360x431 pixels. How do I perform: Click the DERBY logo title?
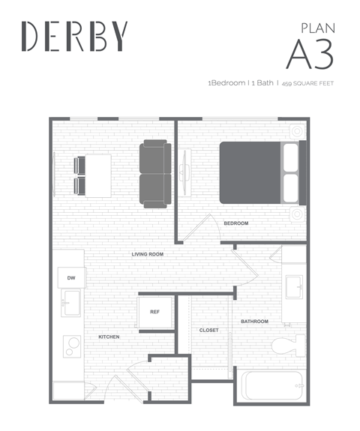[x=74, y=35]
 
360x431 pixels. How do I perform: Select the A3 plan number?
[x=309, y=53]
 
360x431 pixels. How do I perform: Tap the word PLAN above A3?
[x=317, y=28]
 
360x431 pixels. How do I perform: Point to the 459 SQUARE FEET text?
[x=307, y=83]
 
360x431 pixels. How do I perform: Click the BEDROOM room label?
[x=236, y=223]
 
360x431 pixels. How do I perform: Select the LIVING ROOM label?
[x=148, y=254]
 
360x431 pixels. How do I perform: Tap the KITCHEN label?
[x=109, y=337]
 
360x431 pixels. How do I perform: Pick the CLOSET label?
[x=208, y=330]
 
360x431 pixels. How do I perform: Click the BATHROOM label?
[x=254, y=322]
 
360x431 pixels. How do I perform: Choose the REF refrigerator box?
[x=154, y=311]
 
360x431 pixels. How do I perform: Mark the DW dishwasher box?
[x=71, y=278]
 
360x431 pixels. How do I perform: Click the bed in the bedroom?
[x=259, y=172]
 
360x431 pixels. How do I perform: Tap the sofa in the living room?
[x=155, y=173]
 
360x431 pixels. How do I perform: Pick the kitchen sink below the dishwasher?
[x=70, y=304]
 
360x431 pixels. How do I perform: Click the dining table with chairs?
[x=91, y=175]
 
